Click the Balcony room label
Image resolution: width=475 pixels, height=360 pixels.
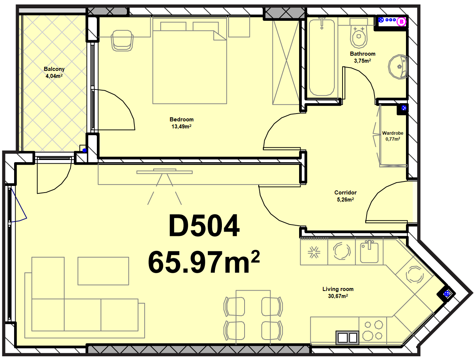click(54, 69)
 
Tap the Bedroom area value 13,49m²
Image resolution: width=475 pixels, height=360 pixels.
click(181, 127)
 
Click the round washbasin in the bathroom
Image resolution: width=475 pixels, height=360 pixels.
click(398, 67)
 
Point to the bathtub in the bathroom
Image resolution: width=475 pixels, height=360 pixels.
click(322, 58)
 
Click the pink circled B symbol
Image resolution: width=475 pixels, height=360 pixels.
click(402, 22)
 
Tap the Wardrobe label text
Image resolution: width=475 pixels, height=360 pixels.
click(393, 133)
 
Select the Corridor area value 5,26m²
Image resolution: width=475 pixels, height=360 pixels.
click(345, 199)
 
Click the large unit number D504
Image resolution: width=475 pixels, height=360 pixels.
click(204, 226)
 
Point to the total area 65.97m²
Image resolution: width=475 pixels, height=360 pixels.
click(204, 262)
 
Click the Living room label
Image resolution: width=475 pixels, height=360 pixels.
click(338, 289)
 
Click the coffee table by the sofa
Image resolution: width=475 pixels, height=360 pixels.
click(103, 271)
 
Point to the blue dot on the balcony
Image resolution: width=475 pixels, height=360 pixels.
click(85, 150)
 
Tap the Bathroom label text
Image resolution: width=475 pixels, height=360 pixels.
click(363, 54)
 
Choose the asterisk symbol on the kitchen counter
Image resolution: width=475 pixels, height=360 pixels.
click(314, 252)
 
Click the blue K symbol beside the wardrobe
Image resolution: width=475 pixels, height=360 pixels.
click(404, 108)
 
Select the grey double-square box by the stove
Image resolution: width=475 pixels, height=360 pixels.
click(347, 337)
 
